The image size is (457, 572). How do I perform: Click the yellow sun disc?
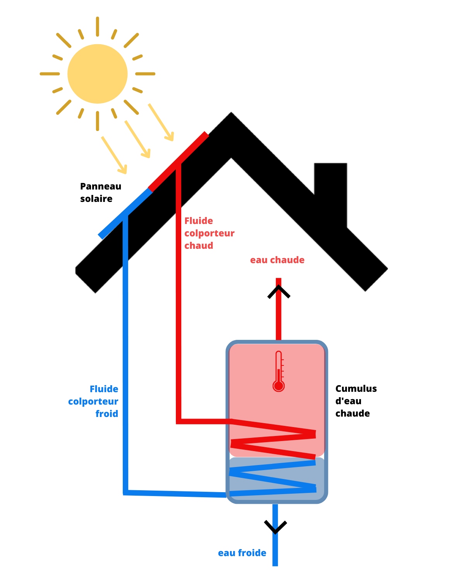click(x=98, y=74)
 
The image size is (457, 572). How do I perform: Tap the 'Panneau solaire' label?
click(x=100, y=193)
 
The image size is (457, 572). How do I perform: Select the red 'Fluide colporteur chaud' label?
click(x=209, y=233)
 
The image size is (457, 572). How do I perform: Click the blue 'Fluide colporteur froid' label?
click(x=93, y=401)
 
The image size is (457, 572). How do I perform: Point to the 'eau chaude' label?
click(x=277, y=260)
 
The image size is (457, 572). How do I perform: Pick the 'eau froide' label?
click(x=242, y=553)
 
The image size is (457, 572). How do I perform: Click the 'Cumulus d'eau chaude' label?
click(x=356, y=401)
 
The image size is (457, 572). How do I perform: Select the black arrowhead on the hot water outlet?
click(x=279, y=292)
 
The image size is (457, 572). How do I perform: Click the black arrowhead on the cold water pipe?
click(x=275, y=527)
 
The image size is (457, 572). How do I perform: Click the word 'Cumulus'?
click(x=356, y=389)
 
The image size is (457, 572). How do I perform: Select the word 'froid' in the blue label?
click(x=107, y=414)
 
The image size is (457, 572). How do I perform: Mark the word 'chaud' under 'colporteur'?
click(x=199, y=246)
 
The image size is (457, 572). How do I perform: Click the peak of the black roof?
click(x=231, y=116)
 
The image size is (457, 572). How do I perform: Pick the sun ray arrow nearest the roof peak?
click(x=161, y=122)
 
